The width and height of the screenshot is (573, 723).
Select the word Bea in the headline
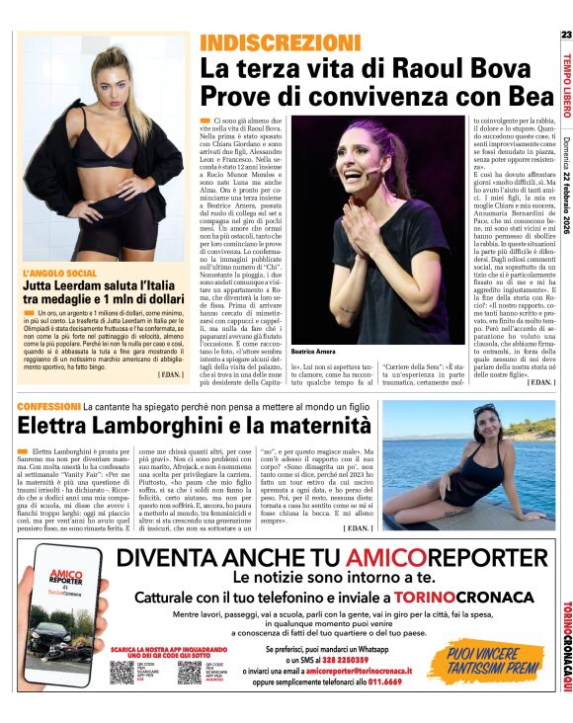(516, 97)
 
